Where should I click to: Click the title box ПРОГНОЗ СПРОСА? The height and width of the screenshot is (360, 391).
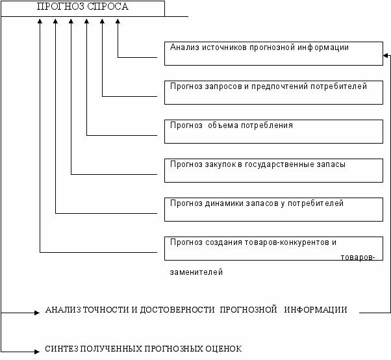click(x=82, y=8)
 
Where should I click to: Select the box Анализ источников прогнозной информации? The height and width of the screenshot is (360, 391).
click(x=273, y=54)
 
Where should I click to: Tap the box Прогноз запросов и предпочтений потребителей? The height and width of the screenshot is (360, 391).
click(x=273, y=93)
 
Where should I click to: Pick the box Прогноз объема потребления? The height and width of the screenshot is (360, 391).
click(x=273, y=131)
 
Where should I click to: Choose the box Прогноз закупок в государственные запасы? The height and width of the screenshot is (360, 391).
click(x=273, y=170)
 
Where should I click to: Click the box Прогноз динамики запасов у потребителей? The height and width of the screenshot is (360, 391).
click(x=273, y=209)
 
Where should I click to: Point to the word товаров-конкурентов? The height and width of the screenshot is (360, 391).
click(x=297, y=243)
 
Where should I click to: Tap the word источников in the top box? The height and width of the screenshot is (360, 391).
click(x=225, y=47)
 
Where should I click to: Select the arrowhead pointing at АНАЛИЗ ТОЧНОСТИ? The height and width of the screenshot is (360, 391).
click(x=38, y=313)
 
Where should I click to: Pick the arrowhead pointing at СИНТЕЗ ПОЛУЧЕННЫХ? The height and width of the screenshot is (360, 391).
click(x=38, y=352)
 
